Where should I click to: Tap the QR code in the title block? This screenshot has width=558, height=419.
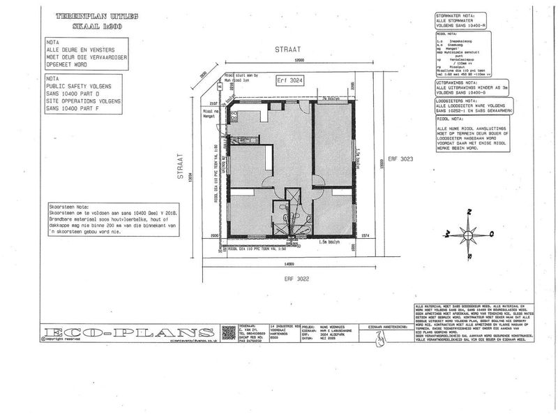tap(228, 332)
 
